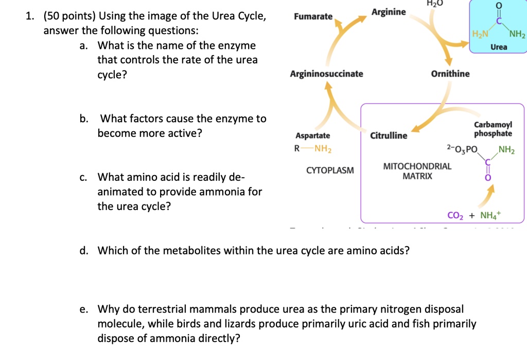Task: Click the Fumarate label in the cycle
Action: (313, 16)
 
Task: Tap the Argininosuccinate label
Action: (326, 74)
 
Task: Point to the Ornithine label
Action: (450, 74)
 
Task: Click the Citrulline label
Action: (389, 135)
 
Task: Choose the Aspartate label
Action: (312, 135)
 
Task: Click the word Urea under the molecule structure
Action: (499, 47)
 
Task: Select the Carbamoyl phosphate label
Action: (493, 129)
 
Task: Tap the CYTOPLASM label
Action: (330, 170)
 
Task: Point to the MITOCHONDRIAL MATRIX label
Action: (417, 171)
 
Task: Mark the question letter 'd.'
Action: (83, 251)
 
